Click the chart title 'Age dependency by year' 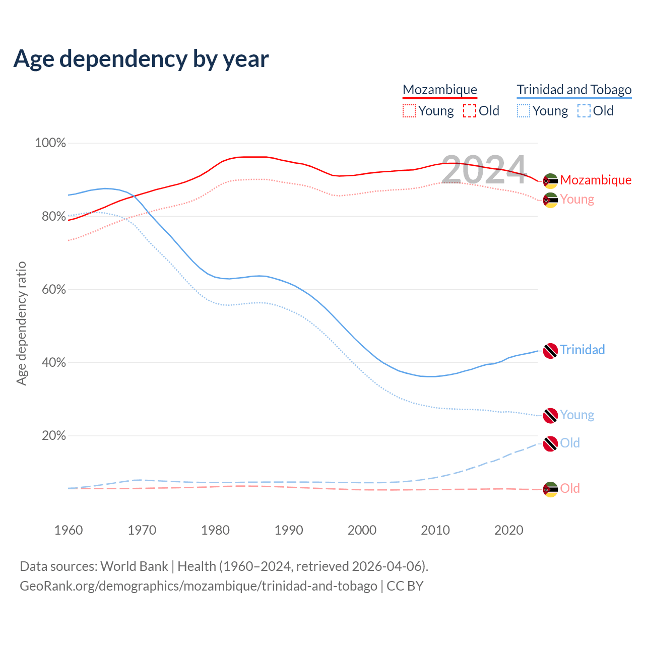(x=141, y=59)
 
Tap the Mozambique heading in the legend (x=440, y=90)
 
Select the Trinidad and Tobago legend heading (x=574, y=90)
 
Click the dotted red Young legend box (x=409, y=111)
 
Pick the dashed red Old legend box (x=470, y=111)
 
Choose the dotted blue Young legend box (x=524, y=111)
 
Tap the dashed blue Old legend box (x=584, y=111)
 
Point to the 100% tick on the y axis (x=50, y=143)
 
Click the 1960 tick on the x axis (x=69, y=530)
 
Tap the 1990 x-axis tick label (x=289, y=530)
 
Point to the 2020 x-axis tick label (x=509, y=530)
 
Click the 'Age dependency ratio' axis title (x=22, y=323)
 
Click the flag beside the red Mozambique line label (x=550, y=180)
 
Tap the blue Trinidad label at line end (x=582, y=350)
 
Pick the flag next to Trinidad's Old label (x=550, y=444)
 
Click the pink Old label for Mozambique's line (x=570, y=488)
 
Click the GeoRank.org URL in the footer (x=199, y=586)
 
